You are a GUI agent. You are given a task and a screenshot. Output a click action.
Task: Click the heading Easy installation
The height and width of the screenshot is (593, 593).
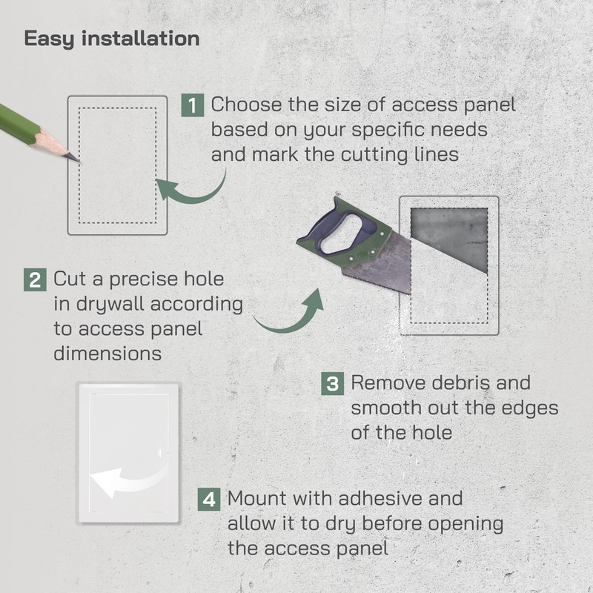pos(112,39)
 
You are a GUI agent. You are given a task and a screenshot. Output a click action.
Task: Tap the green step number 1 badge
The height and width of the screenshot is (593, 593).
pos(193,105)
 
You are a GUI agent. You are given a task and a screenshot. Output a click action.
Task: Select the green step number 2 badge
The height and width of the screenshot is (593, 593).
pos(35,280)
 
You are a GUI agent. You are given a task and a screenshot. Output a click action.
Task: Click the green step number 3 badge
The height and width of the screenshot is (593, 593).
pos(333,384)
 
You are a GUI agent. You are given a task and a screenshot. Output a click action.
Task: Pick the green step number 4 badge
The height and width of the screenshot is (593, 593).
pos(210,499)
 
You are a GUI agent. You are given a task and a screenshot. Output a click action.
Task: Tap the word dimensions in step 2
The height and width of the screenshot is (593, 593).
pos(107,353)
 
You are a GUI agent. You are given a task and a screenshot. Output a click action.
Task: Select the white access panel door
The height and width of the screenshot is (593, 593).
pos(130,445)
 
